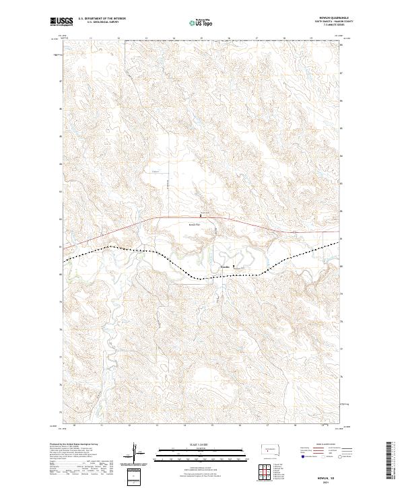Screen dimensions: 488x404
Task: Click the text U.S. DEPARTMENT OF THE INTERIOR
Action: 102,19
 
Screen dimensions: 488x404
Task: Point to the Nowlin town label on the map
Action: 225,267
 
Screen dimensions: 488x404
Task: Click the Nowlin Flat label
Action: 195,225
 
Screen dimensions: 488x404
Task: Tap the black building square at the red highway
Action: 200,215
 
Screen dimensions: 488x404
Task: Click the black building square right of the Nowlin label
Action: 234,267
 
